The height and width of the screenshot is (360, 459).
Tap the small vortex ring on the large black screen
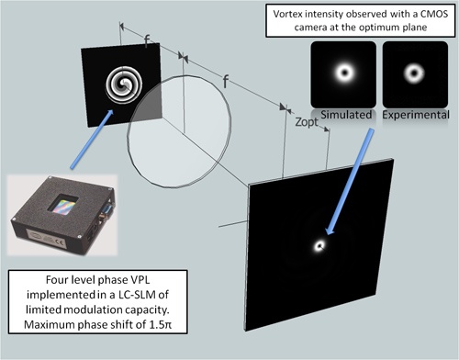click(x=320, y=245)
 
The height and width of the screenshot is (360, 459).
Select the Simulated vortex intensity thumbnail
click(x=346, y=72)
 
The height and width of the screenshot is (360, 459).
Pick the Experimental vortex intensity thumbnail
click(x=410, y=72)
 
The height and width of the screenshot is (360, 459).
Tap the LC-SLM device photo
click(x=66, y=219)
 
